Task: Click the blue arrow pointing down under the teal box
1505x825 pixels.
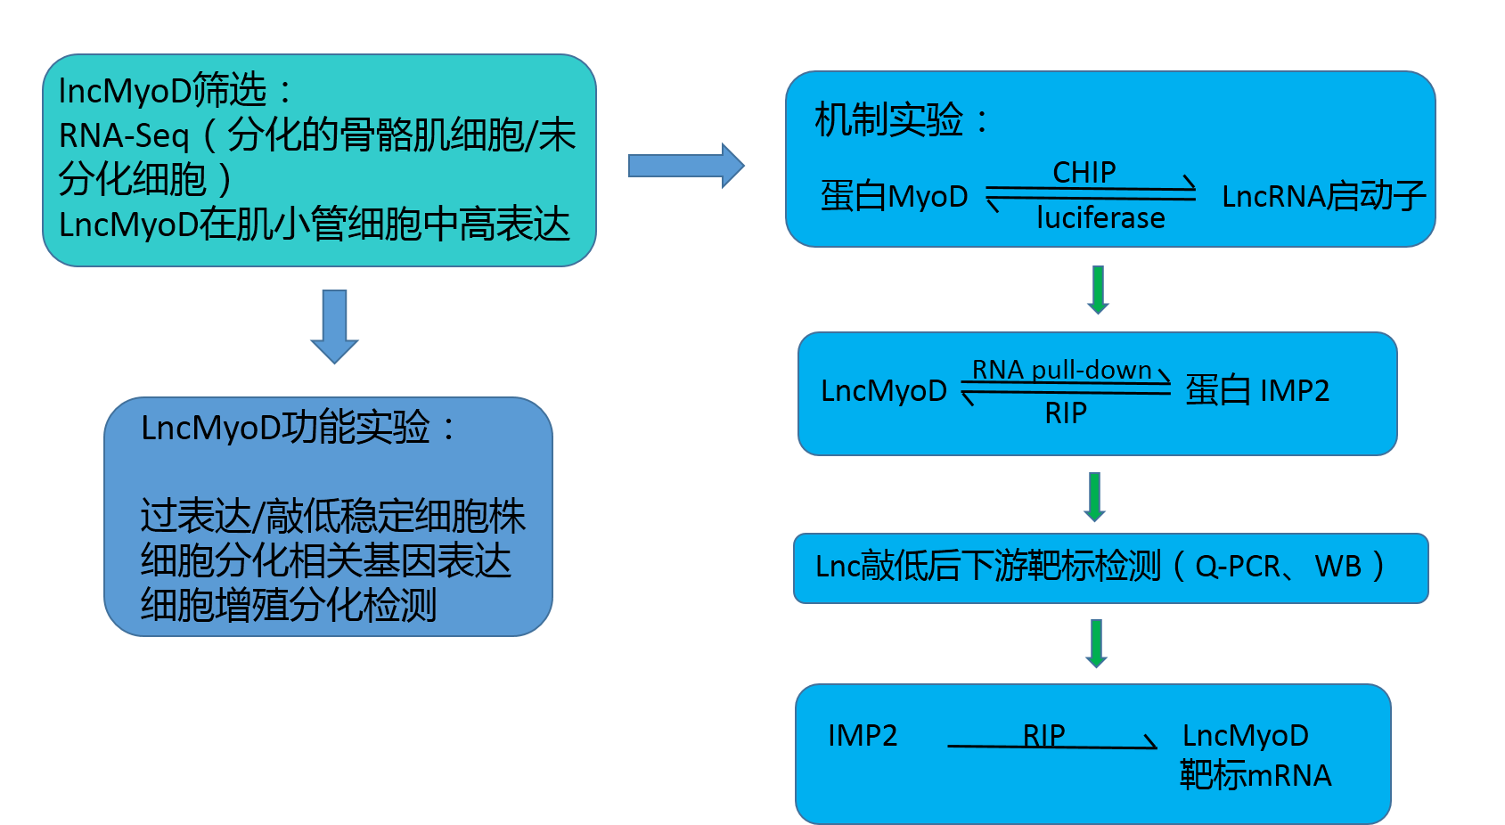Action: coord(334,326)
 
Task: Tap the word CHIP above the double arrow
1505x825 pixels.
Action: coord(1084,172)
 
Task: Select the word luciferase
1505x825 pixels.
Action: coord(1100,218)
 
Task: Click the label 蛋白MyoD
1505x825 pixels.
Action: coord(894,196)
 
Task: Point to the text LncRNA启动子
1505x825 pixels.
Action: coord(1323,196)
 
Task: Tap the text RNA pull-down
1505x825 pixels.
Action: coord(1061,370)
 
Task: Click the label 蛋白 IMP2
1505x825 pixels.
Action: coord(1256,390)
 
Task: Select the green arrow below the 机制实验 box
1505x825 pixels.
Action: coord(1098,290)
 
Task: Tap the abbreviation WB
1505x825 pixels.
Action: coord(1337,567)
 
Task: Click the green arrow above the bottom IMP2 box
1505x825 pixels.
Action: coord(1096,643)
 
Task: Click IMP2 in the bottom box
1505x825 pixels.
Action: coord(863,736)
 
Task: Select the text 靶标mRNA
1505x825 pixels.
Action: coord(1255,776)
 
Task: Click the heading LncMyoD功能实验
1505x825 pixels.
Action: coord(285,428)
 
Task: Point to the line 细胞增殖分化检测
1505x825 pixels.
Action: coord(288,606)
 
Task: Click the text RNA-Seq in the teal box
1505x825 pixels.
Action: coord(124,136)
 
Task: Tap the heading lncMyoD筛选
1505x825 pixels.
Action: coord(162,91)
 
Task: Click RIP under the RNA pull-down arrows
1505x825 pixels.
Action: coord(1066,413)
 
